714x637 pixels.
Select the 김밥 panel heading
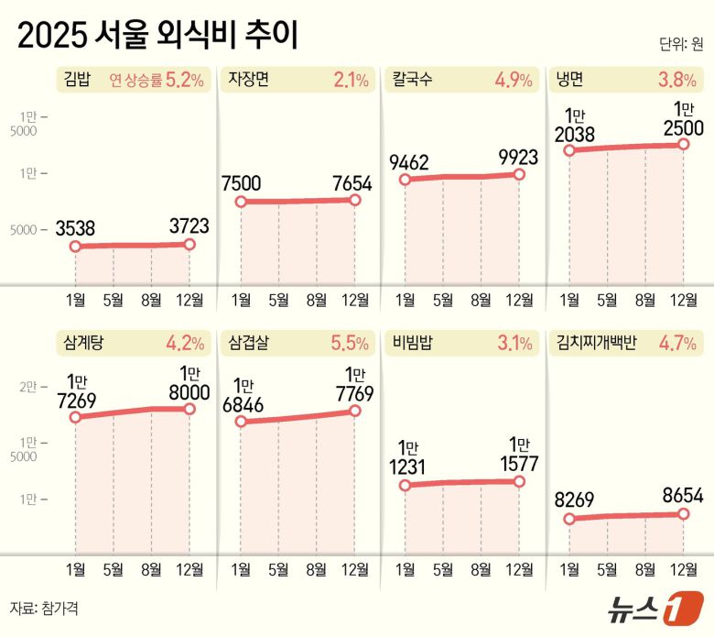[79, 80]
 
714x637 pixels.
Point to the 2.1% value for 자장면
[351, 80]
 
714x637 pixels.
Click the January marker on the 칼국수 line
[405, 181]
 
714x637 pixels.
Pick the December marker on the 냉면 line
[684, 144]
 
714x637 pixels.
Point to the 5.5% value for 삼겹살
[351, 345]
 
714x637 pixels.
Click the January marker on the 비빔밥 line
[405, 485]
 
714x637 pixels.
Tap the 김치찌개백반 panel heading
[590, 345]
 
